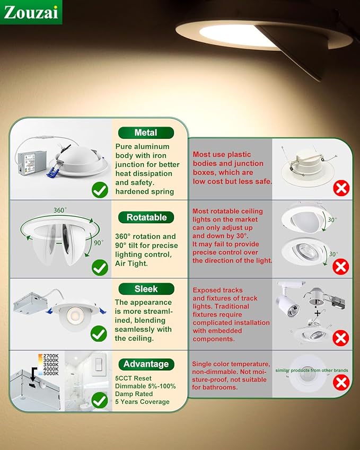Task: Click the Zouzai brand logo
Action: [31, 12]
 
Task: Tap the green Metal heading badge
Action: [146, 133]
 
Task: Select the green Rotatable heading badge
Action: [146, 217]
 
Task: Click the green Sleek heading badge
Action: [146, 289]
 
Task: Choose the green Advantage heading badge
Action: [146, 364]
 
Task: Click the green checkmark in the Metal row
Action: [100, 189]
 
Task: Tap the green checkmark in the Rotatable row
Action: [100, 267]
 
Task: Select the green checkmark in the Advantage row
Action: [99, 401]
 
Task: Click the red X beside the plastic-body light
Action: [340, 188]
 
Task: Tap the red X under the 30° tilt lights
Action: [340, 267]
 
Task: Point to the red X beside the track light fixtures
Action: [340, 338]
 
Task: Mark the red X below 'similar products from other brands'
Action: [340, 382]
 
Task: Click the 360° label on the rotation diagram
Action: [59, 210]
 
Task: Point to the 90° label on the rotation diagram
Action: [98, 243]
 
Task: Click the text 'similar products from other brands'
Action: [312, 370]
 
